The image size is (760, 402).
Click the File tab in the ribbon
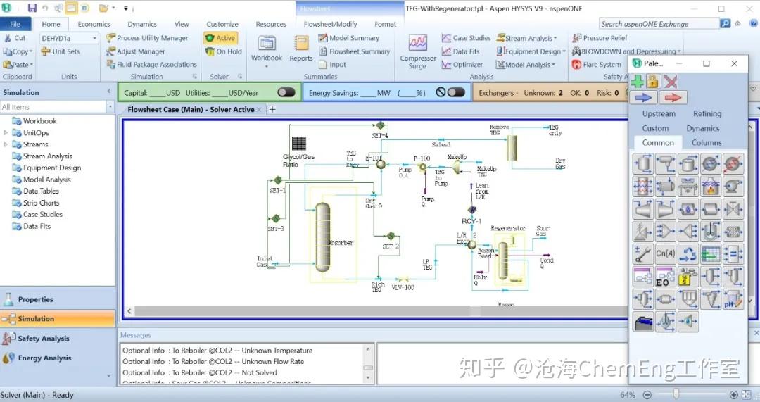pos(15,24)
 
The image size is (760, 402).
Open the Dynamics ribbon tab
pos(141,24)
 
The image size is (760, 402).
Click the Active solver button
pos(220,38)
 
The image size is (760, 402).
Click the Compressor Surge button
pos(418,51)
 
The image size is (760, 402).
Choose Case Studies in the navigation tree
pos(42,215)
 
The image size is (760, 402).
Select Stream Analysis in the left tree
pos(47,156)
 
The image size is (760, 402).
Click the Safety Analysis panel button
pos(44,339)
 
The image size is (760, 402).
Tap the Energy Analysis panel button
pos(44,358)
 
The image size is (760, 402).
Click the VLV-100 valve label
pos(403,287)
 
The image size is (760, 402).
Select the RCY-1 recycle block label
pos(471,221)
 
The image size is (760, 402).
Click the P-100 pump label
pos(422,159)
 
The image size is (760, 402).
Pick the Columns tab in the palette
pos(706,142)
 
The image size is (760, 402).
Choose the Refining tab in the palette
pos(707,113)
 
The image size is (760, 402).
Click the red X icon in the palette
pos(671,82)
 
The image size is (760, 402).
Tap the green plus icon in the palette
pos(637,82)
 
